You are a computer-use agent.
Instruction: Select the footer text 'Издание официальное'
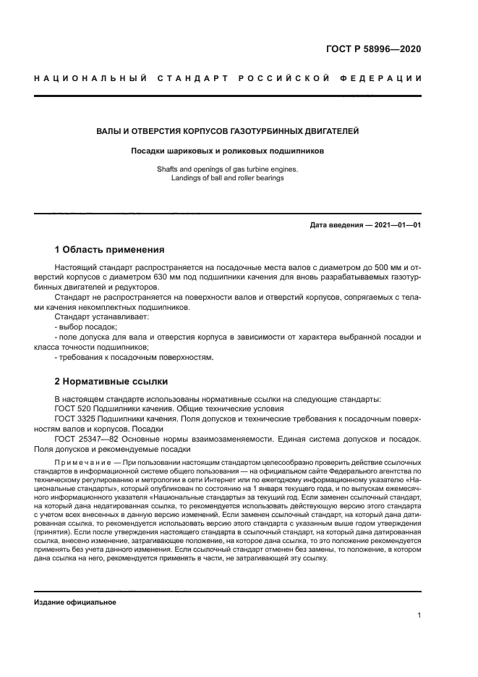75,602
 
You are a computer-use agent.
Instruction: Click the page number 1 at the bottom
419,615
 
